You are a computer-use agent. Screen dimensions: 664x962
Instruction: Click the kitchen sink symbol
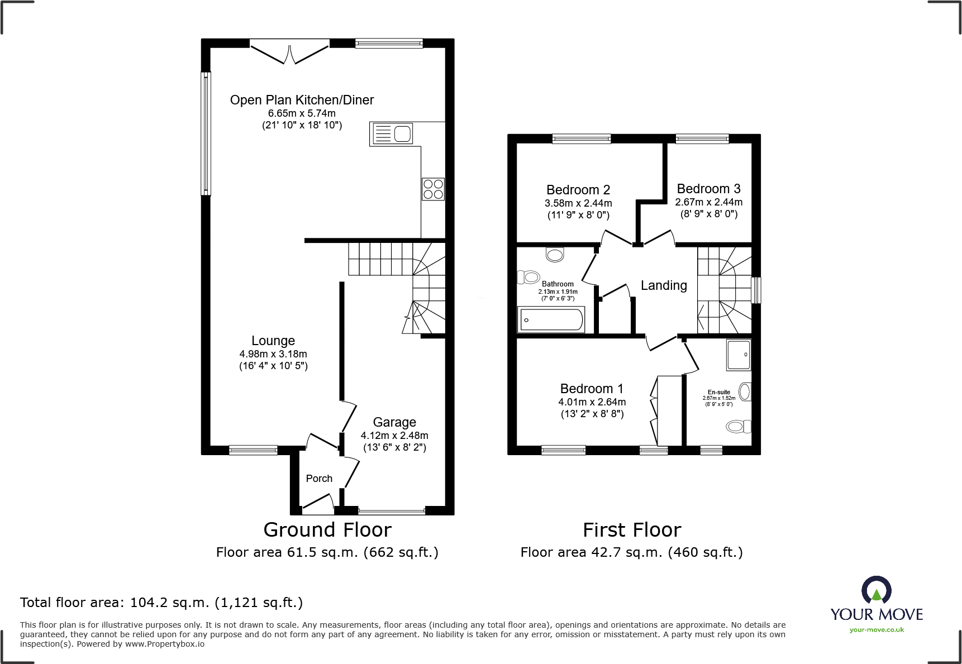pyautogui.click(x=391, y=134)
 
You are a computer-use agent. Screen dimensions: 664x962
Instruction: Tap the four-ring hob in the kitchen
pyautogui.click(x=433, y=189)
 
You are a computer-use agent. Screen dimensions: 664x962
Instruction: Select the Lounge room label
pyautogui.click(x=273, y=341)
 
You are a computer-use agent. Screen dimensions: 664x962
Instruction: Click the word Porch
pyautogui.click(x=319, y=479)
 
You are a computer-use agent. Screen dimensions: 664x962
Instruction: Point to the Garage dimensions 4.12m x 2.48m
pyautogui.click(x=394, y=436)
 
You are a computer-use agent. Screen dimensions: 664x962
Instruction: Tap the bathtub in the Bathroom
pyautogui.click(x=551, y=320)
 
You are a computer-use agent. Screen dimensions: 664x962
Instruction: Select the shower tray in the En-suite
pyautogui.click(x=739, y=355)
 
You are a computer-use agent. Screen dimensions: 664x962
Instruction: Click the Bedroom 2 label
pyautogui.click(x=578, y=190)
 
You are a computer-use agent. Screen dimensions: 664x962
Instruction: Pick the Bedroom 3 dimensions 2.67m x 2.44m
pyautogui.click(x=709, y=202)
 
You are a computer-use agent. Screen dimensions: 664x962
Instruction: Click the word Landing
pyautogui.click(x=664, y=285)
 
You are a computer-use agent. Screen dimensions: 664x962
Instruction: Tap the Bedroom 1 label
pyautogui.click(x=592, y=389)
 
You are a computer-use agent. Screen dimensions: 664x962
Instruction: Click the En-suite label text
pyautogui.click(x=719, y=392)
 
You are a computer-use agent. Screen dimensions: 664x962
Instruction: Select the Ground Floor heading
pyautogui.click(x=327, y=529)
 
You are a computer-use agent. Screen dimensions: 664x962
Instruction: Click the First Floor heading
pyautogui.click(x=632, y=529)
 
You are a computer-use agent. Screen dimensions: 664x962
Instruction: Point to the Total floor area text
pyautogui.click(x=161, y=603)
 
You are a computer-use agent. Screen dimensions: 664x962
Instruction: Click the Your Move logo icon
pyautogui.click(x=876, y=590)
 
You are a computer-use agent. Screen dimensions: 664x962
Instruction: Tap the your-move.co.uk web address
pyautogui.click(x=877, y=630)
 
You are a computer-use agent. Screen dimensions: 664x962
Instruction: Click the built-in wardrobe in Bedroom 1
pyautogui.click(x=668, y=410)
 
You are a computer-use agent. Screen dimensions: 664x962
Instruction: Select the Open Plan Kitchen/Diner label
pyautogui.click(x=302, y=100)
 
